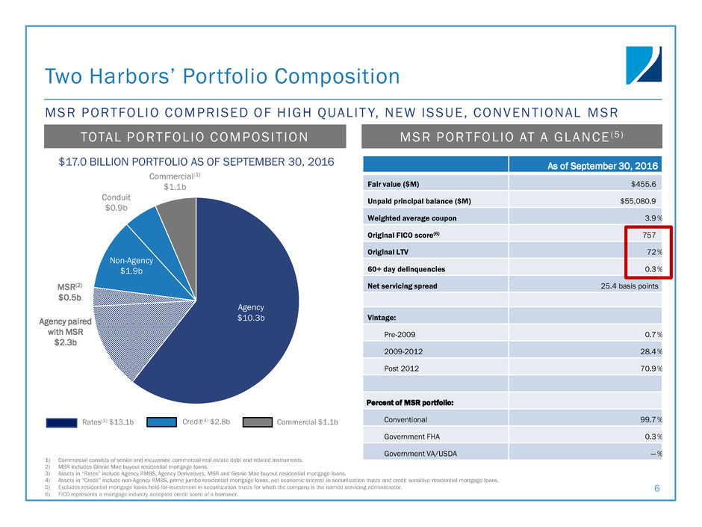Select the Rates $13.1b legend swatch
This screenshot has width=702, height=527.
pos(62,422)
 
